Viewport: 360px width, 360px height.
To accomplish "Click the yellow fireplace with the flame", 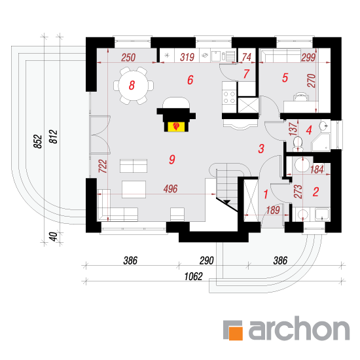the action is [x=176, y=126].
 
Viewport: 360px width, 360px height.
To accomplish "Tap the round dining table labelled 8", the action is [x=134, y=85].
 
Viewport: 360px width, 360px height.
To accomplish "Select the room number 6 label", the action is [x=190, y=80].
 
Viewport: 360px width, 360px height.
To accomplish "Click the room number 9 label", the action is [x=172, y=159].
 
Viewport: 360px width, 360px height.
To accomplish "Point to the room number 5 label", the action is [x=285, y=78].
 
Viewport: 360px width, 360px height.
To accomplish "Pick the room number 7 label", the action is [x=246, y=74].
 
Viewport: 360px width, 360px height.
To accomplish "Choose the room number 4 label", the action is [x=309, y=130].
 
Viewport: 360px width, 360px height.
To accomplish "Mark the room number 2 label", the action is [x=316, y=192].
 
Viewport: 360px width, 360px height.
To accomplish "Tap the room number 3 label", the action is [x=261, y=149].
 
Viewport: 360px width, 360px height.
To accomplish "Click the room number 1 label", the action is [x=266, y=194].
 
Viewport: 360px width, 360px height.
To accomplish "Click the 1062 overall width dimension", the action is [x=194, y=277].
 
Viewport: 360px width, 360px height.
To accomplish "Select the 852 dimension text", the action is [x=38, y=141].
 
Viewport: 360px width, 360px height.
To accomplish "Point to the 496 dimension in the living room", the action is [x=171, y=189].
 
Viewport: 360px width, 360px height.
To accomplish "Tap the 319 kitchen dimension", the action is [x=187, y=57].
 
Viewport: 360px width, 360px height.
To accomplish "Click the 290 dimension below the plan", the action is [x=207, y=261].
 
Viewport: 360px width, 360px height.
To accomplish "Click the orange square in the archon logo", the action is [x=236, y=333].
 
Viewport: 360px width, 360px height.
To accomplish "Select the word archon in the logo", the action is [x=299, y=329].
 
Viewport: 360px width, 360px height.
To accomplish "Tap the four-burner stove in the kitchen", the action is [x=229, y=97].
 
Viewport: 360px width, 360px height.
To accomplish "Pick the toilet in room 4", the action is [x=298, y=143].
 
